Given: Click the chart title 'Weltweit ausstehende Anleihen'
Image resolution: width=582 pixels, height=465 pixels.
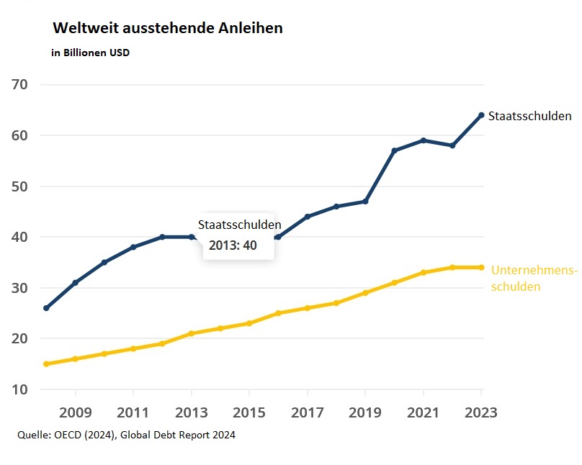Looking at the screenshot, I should point(168,29).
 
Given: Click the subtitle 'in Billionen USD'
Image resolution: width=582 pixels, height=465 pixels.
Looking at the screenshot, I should point(91,53).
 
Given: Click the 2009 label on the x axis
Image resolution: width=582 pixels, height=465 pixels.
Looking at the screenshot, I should point(75,413).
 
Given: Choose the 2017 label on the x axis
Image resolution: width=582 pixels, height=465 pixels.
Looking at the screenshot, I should point(307,413).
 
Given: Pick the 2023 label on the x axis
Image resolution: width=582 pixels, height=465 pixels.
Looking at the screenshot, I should point(480,413).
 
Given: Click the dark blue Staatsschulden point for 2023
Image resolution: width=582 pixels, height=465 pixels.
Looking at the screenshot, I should point(481,115).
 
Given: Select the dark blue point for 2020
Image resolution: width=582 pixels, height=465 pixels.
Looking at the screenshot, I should point(394,150).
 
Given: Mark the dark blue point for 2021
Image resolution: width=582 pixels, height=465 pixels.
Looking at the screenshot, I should point(424,140).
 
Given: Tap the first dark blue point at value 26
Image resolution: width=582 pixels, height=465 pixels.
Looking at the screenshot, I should point(46,308).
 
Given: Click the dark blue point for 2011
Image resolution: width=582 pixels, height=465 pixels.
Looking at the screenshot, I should point(133,247).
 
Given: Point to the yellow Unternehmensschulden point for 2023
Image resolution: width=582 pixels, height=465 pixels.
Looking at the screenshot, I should point(481,267).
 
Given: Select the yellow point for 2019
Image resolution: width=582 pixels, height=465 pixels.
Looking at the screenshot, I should point(365,293).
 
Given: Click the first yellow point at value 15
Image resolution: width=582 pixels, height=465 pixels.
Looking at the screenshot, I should point(46,364).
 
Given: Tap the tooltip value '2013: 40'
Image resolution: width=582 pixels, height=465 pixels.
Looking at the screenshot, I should point(233,245).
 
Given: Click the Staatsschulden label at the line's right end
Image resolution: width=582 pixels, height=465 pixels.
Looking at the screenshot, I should point(529,116).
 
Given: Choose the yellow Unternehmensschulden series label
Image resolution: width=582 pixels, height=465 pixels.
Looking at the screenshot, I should point(533,278).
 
